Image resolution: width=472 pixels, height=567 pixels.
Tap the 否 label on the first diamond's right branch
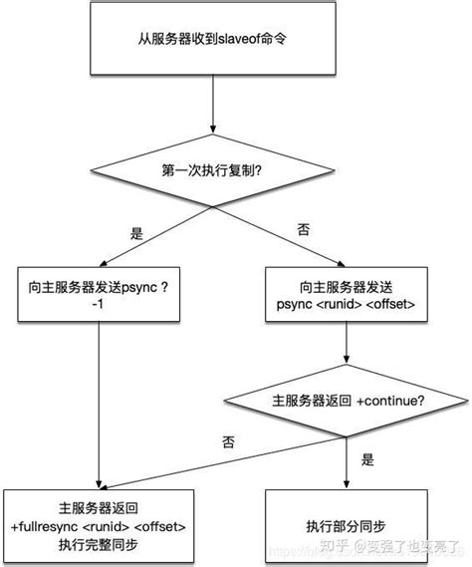pyautogui.click(x=304, y=229)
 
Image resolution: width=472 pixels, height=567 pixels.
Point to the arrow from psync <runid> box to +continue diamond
pyautogui.click(x=345, y=349)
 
